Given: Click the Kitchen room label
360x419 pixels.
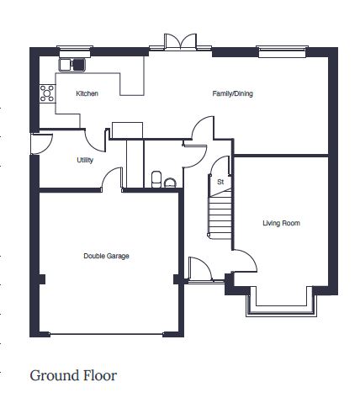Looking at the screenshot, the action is tap(87, 93).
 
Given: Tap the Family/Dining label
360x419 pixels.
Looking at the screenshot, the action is tap(232, 93).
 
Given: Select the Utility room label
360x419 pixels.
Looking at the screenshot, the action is tap(85, 160).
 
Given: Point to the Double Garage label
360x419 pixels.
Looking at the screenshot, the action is tap(106, 256).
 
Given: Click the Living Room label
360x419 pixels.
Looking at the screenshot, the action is tap(281, 223).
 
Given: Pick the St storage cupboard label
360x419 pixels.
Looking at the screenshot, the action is tap(220, 182).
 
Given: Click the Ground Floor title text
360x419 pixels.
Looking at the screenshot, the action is tap(73, 375).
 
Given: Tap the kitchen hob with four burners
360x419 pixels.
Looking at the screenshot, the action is tap(47, 93).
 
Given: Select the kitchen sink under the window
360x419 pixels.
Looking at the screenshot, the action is tap(71, 65).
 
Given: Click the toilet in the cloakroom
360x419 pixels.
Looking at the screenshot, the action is tap(156, 179).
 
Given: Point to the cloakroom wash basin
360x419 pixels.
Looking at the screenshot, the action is tap(170, 183).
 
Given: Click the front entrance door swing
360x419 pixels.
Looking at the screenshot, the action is tap(200, 268).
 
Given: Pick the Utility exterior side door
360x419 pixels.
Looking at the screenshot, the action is tap(41, 144).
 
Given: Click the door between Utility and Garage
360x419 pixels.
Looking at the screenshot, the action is tap(112, 179).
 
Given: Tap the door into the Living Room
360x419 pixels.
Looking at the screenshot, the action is tap(246, 260).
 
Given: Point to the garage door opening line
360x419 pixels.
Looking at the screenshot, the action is tap(106, 334).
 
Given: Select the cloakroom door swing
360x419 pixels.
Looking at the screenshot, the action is tap(196, 156).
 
